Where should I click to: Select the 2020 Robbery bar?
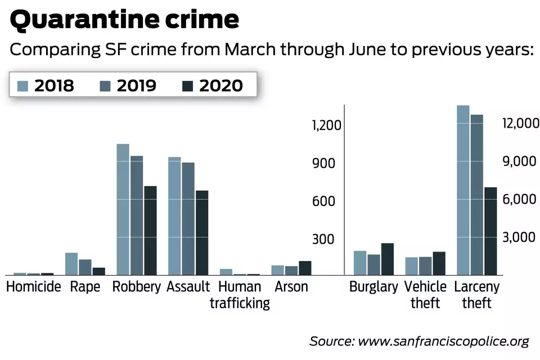pos(150,230)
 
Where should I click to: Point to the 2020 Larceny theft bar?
pos(490,231)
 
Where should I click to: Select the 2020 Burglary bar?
pos(388,259)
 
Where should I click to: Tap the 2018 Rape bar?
pos(71,264)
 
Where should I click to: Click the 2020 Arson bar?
pos(305,268)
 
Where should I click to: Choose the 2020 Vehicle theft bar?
pos(439,263)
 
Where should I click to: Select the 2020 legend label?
pos(220,85)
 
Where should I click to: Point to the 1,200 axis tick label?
pos(327,125)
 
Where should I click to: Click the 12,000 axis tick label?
pos(520,123)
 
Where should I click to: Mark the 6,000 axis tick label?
pos(520,199)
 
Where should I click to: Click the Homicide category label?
pos(33,287)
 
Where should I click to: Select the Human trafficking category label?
pos(240,295)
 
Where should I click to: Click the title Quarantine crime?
pos(124,20)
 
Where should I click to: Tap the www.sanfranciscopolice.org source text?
pos(443,341)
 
